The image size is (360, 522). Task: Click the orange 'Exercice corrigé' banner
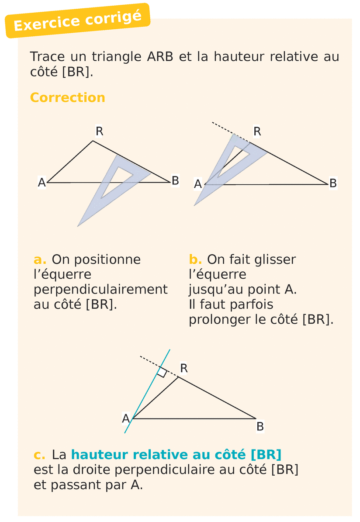(x=77, y=21)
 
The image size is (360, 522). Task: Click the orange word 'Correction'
(x=67, y=97)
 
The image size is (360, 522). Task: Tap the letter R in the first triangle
(x=100, y=131)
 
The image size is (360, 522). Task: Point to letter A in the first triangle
(x=42, y=183)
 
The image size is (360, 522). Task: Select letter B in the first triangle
(x=175, y=180)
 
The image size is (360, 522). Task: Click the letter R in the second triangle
(x=257, y=131)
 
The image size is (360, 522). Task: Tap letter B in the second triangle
(x=333, y=183)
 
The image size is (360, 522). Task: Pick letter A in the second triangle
(x=198, y=184)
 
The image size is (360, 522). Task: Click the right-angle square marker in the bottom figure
(x=162, y=372)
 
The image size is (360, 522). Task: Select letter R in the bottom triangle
(x=184, y=368)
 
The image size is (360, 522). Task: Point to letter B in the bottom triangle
(x=260, y=426)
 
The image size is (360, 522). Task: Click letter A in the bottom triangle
(x=126, y=419)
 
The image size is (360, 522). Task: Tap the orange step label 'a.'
(x=40, y=259)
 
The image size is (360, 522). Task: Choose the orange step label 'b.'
(x=195, y=259)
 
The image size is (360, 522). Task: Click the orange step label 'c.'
(x=39, y=455)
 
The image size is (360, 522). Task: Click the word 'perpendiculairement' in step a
(x=100, y=290)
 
